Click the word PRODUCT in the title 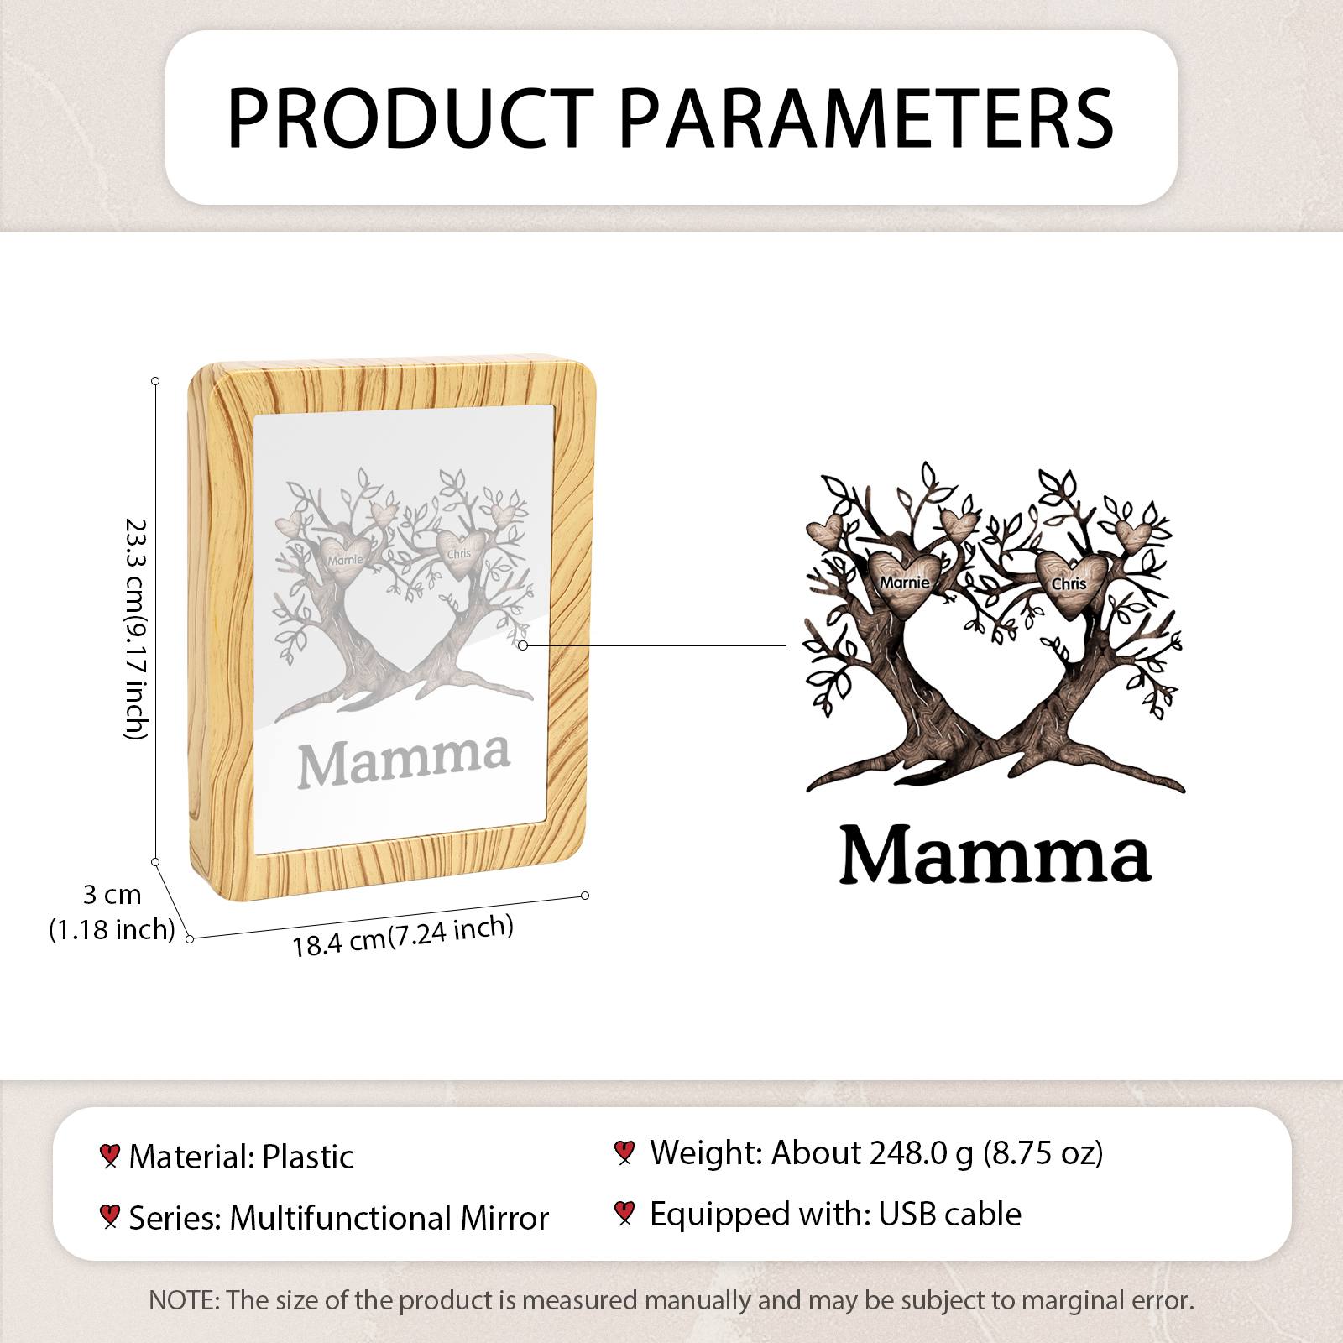tap(410, 118)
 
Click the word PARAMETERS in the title tap(867, 118)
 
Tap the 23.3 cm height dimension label tap(135, 629)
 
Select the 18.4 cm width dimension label tap(403, 935)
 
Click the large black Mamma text tap(995, 854)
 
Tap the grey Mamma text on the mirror tap(404, 760)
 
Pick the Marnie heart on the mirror tap(345, 560)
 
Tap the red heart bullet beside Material tap(109, 1156)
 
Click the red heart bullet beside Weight tap(624, 1152)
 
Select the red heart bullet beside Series tap(109, 1216)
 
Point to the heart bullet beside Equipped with tap(624, 1213)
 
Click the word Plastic tap(308, 1157)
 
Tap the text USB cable tap(950, 1214)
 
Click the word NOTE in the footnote tap(182, 1300)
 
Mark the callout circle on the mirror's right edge tap(523, 645)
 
